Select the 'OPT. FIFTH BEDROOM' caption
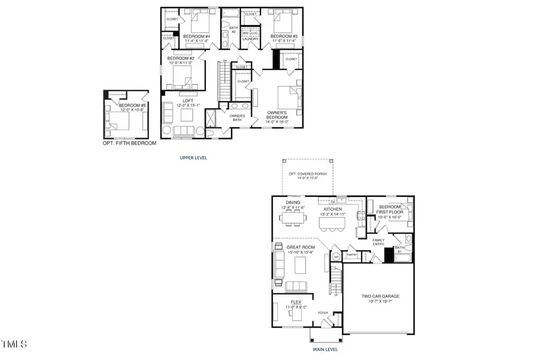(x=129, y=143)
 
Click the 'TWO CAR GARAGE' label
(x=380, y=296)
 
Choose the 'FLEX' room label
(x=296, y=302)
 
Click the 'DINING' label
(x=293, y=203)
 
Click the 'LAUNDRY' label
(x=250, y=38)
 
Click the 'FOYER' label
(x=323, y=313)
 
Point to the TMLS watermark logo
(x=14, y=344)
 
